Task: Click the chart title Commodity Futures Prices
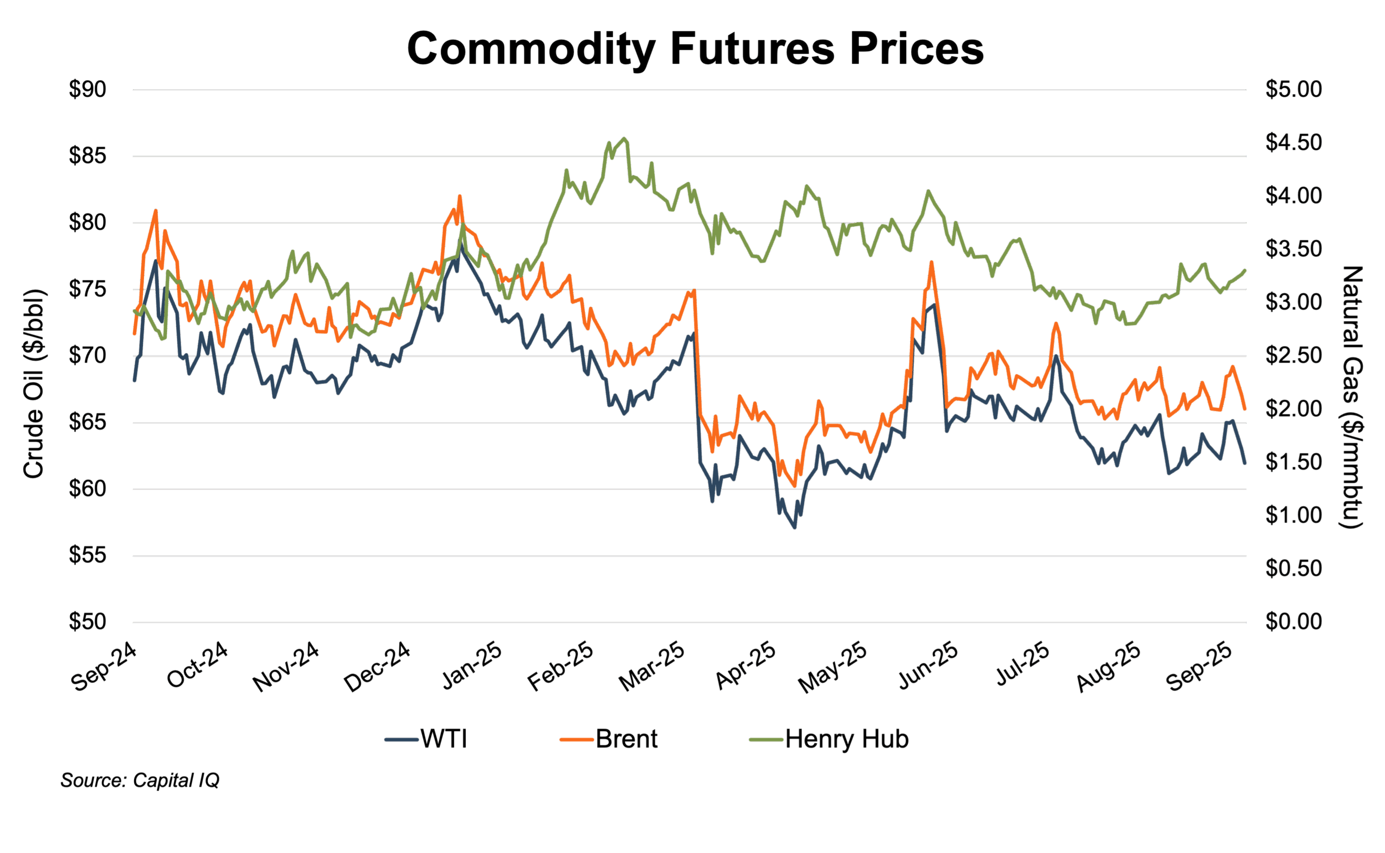tap(695, 49)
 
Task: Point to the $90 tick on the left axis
tap(88, 89)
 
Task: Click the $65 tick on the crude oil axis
tap(88, 422)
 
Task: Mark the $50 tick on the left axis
tap(88, 621)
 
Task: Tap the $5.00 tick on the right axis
tap(1293, 89)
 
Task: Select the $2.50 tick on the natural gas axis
tap(1293, 355)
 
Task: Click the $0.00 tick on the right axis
tap(1293, 621)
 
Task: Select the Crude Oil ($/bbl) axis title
tap(34, 383)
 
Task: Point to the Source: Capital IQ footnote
tap(140, 780)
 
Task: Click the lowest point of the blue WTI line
tap(794, 527)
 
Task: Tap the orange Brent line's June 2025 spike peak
tap(932, 262)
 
